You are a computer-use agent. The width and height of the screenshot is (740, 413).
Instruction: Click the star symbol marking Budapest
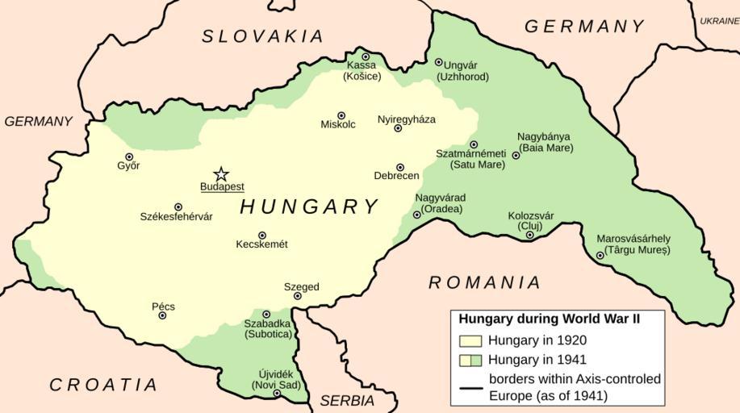tap(220, 174)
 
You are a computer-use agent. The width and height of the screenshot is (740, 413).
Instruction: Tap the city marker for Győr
tap(129, 157)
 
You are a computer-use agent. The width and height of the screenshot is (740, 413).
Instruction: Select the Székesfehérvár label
tap(176, 217)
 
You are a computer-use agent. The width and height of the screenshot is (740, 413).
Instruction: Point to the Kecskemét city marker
tap(262, 236)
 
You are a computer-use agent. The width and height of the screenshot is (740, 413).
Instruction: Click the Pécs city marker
tap(162, 315)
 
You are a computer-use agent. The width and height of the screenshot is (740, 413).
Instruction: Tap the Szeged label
tap(301, 286)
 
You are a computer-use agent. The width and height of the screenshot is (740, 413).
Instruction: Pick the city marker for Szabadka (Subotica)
tap(266, 314)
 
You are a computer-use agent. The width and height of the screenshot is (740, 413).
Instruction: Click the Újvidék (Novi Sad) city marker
tap(276, 394)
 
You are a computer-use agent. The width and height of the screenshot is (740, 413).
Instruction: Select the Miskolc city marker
tap(341, 115)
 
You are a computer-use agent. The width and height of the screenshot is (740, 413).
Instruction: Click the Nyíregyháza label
tap(406, 119)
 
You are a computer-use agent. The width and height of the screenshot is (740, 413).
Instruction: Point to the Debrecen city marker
tap(399, 167)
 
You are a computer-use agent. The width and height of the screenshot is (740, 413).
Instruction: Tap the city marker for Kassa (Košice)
tap(365, 56)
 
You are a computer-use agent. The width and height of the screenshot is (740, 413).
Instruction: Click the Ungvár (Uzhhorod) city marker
tap(438, 61)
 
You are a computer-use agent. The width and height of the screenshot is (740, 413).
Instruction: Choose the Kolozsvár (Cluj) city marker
tap(529, 235)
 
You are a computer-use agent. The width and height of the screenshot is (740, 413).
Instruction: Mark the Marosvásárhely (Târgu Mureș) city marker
tap(600, 256)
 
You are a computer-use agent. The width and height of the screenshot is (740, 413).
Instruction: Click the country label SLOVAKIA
tap(262, 36)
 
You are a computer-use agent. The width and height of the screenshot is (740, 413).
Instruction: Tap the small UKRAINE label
tap(718, 21)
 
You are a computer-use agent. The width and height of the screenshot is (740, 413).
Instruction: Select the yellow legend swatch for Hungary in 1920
tap(470, 340)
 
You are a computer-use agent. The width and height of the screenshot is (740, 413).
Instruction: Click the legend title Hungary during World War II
tap(549, 319)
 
